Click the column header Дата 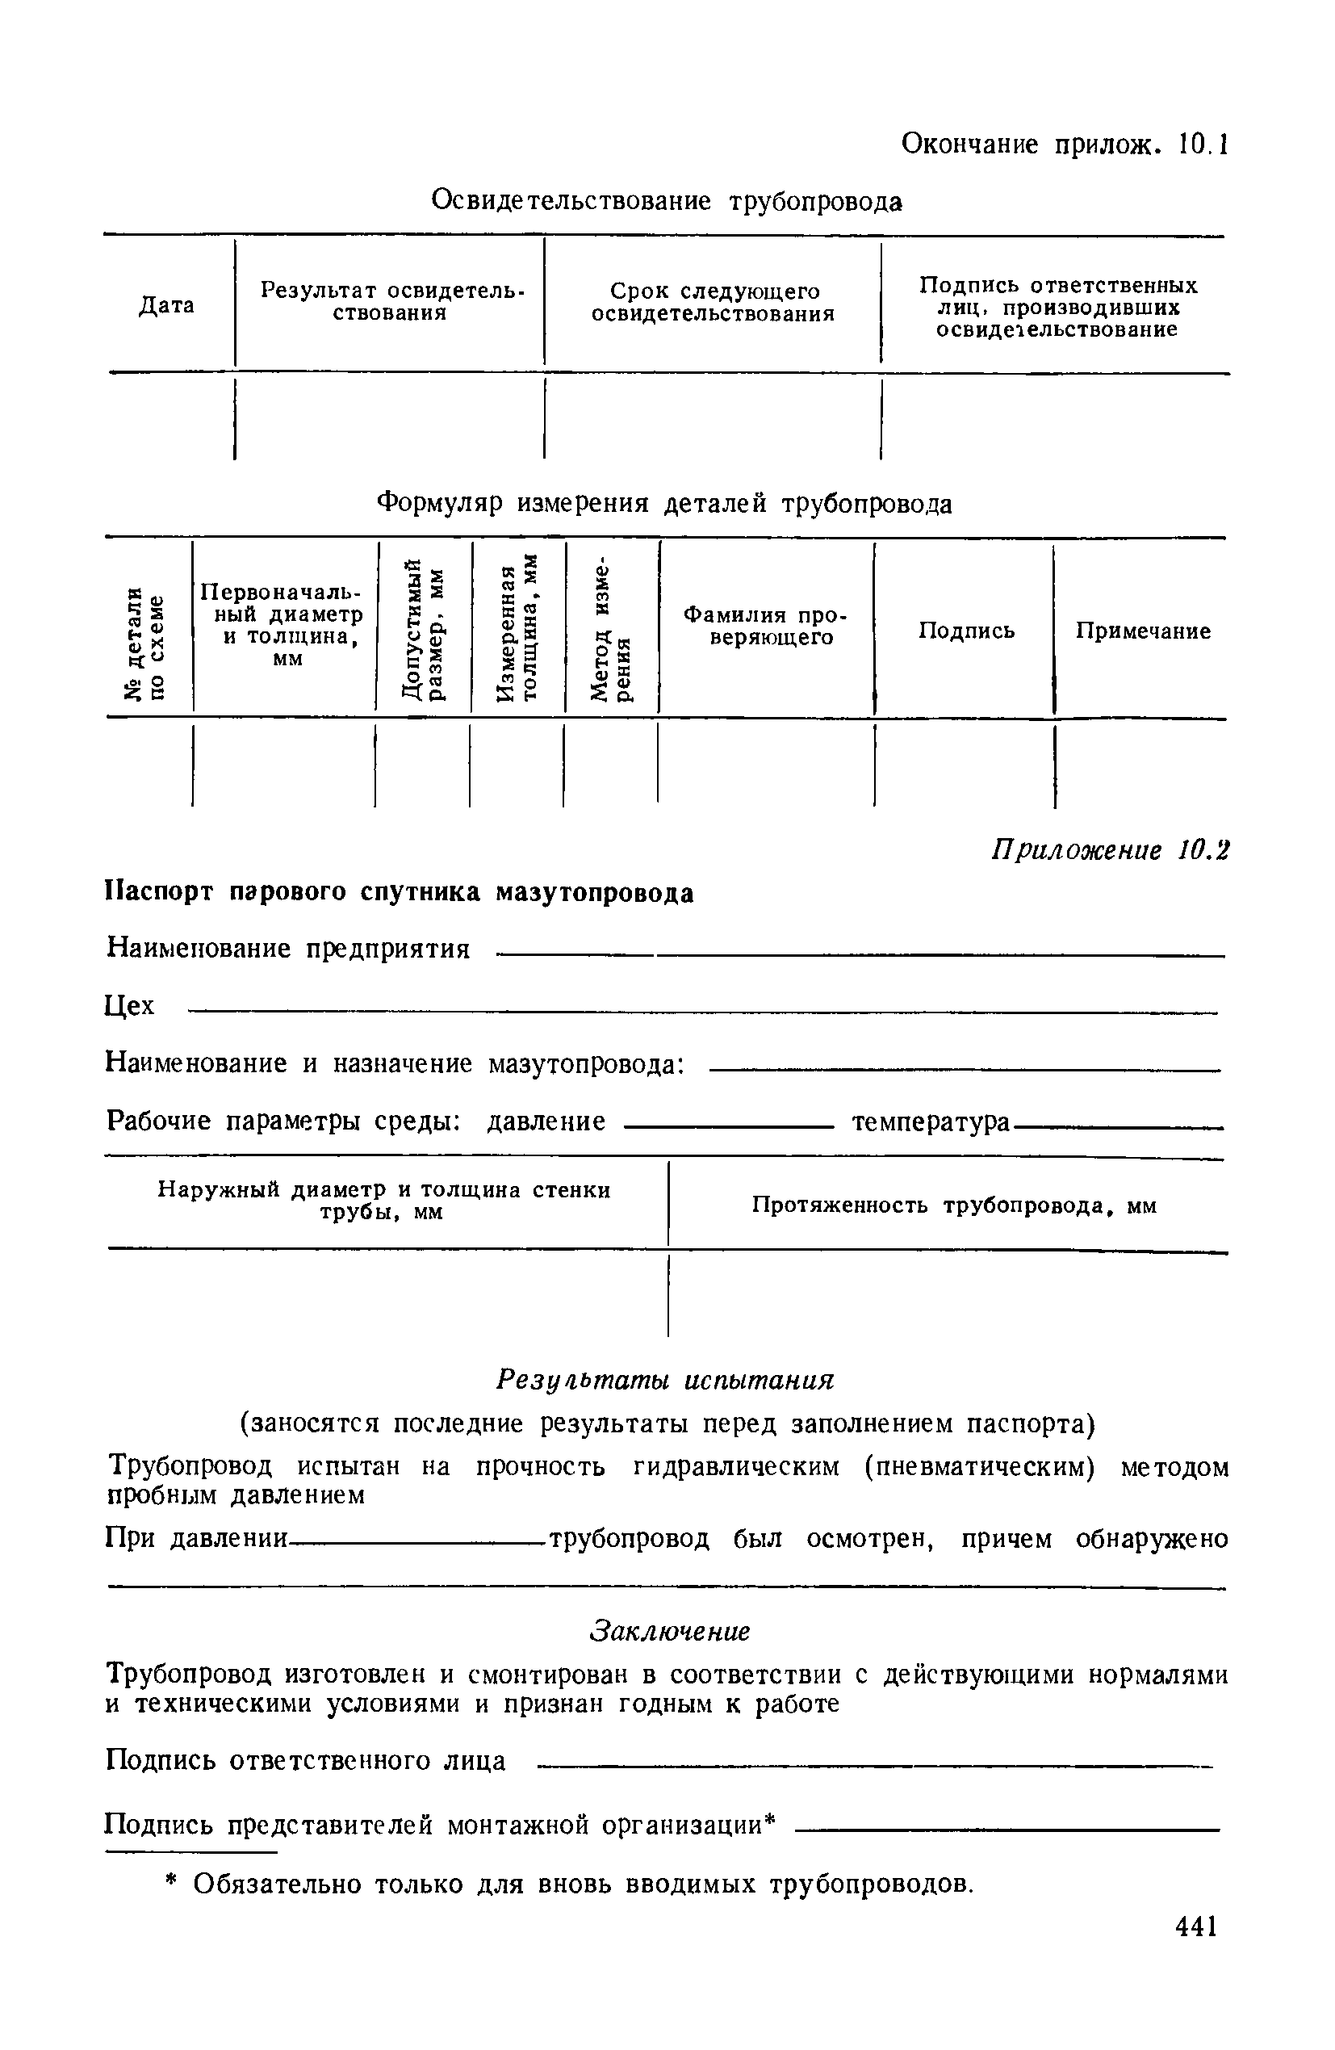click(x=166, y=306)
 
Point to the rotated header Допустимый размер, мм click(x=425, y=630)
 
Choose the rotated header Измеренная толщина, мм click(x=517, y=630)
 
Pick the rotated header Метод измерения click(x=611, y=630)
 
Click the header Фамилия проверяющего click(x=766, y=627)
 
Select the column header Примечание click(x=1143, y=631)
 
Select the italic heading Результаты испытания click(x=666, y=1379)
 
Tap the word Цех click(x=130, y=1005)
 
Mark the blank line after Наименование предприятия click(x=861, y=954)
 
